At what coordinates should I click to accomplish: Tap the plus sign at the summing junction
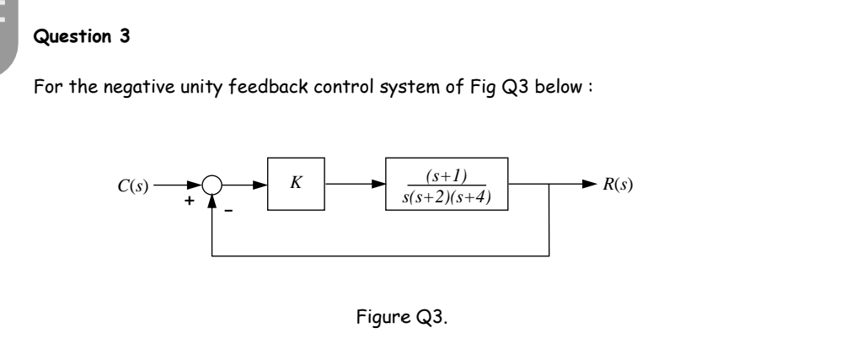click(190, 202)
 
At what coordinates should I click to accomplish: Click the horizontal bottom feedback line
click(379, 255)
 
